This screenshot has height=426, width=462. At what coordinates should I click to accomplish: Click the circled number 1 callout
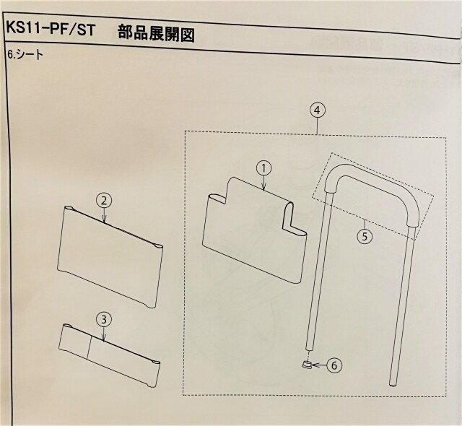click(263, 168)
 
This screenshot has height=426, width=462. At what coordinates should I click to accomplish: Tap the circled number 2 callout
click(104, 201)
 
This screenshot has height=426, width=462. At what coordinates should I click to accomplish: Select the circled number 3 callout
click(104, 320)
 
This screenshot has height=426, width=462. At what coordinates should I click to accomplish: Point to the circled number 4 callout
click(317, 110)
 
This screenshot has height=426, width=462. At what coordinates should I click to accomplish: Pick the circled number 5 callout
click(365, 236)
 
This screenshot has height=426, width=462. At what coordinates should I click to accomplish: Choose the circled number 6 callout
click(334, 365)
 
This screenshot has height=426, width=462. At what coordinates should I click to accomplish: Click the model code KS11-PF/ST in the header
click(51, 30)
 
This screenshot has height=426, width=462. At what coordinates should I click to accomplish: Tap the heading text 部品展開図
click(156, 34)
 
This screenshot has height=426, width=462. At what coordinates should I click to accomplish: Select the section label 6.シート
click(25, 55)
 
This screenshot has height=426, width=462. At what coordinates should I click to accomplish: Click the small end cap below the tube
click(306, 364)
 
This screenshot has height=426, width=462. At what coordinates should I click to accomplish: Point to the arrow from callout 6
click(318, 365)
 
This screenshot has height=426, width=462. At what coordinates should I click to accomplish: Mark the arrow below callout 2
click(104, 215)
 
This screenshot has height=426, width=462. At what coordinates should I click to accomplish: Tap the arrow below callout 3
click(104, 335)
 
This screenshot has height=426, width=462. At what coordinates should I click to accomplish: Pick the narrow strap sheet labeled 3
click(110, 355)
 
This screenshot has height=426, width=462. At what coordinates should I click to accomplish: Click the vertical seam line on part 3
click(88, 347)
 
